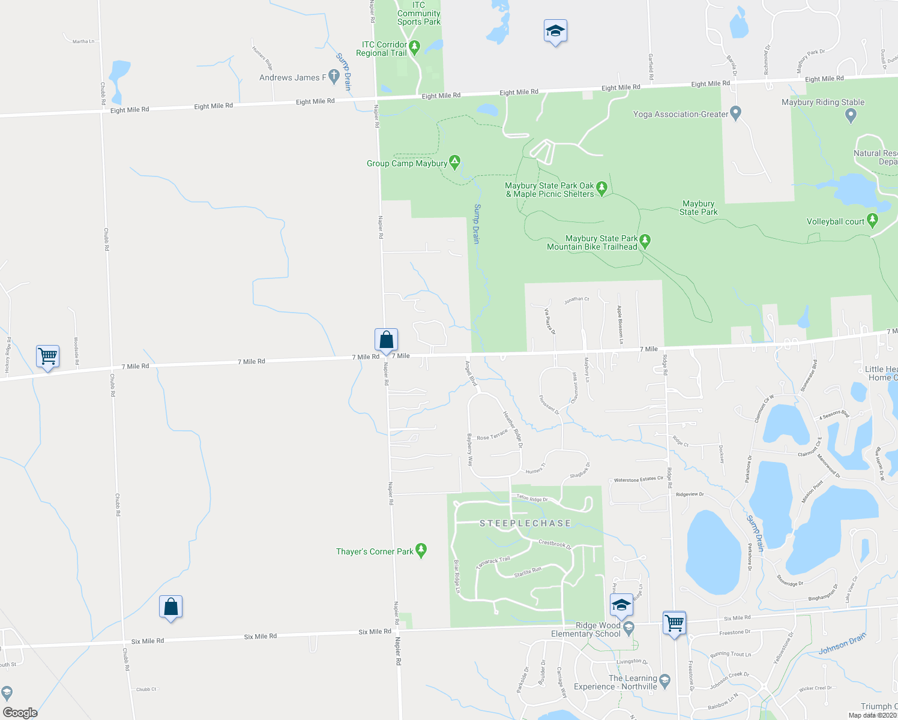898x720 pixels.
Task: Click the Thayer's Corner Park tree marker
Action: (x=421, y=551)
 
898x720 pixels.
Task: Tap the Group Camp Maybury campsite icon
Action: (x=455, y=162)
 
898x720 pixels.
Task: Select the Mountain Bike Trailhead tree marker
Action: (x=645, y=242)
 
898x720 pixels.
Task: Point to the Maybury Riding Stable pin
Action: (x=850, y=116)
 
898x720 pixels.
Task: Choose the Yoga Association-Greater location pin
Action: (x=737, y=113)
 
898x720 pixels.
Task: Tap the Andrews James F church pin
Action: (x=334, y=77)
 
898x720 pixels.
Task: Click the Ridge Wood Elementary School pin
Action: (x=628, y=628)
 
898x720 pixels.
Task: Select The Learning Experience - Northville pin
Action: (x=664, y=681)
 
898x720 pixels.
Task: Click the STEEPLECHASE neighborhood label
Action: (x=525, y=523)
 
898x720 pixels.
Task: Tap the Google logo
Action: (x=20, y=712)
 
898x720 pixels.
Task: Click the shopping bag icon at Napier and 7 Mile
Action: (x=387, y=340)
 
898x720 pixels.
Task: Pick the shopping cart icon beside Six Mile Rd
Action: (x=674, y=623)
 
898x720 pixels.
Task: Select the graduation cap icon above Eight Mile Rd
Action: (x=555, y=31)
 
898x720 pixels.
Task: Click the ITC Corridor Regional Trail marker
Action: (x=414, y=46)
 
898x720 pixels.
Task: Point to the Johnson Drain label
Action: (x=842, y=644)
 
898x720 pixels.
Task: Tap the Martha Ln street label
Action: (x=83, y=41)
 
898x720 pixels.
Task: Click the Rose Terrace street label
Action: (x=492, y=435)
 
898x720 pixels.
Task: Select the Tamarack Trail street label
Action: (x=493, y=562)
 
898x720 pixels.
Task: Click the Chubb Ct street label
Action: (x=146, y=689)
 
